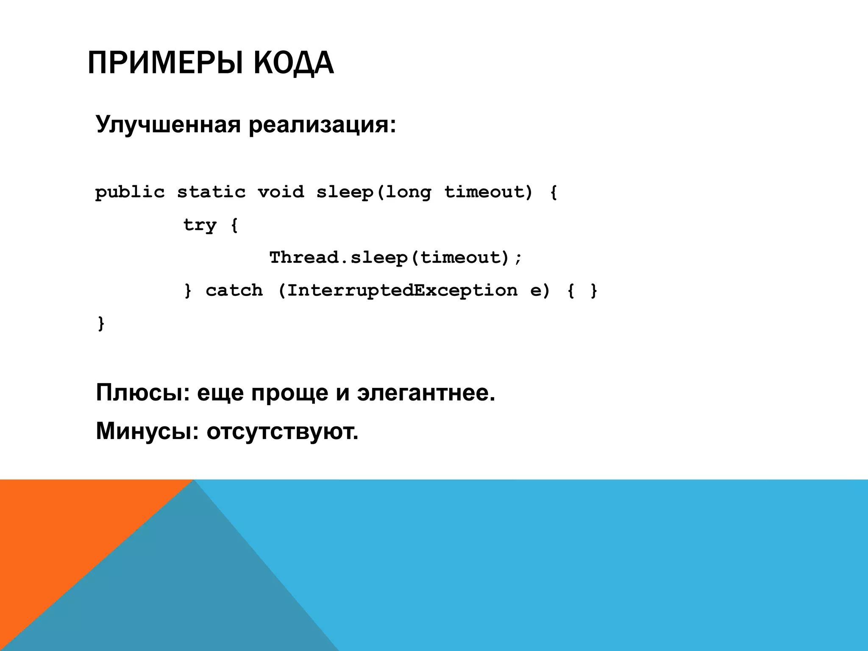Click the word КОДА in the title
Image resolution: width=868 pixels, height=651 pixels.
(293, 63)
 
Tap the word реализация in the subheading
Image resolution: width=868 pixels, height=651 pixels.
(322, 125)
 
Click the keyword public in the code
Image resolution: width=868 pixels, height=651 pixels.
(130, 192)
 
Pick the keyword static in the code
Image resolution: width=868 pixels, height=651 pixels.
(211, 192)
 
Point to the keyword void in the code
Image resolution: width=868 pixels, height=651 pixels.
(281, 192)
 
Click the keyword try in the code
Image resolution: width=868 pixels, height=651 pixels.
(200, 225)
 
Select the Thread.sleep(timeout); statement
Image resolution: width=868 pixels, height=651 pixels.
(396, 258)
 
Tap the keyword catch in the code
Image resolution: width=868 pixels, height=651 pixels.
(234, 290)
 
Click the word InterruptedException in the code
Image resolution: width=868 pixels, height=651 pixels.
(402, 290)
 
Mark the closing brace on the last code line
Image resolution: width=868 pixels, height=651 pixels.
(101, 323)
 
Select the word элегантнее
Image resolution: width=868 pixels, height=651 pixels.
(426, 393)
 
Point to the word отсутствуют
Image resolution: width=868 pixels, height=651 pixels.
(282, 431)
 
